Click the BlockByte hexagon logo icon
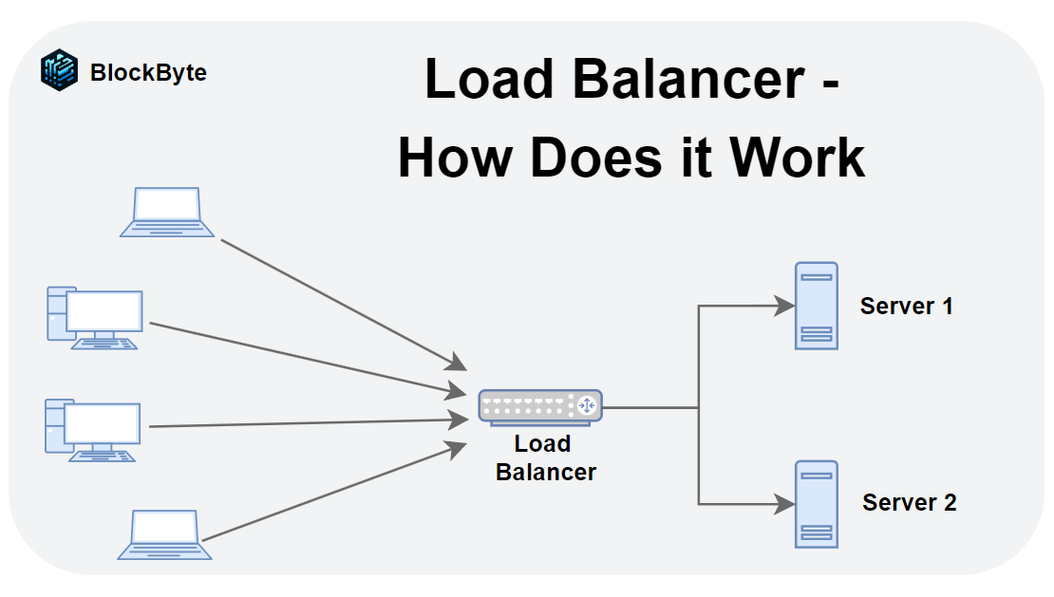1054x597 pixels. [x=59, y=71]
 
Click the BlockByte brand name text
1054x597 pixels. [x=148, y=72]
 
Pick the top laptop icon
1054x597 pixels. [x=167, y=212]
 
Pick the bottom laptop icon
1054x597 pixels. [x=165, y=534]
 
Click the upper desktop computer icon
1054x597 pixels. [x=94, y=318]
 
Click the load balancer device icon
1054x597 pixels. [x=539, y=406]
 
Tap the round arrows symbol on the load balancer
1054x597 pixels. [x=586, y=406]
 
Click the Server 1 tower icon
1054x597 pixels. [x=817, y=306]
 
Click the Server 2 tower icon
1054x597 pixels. [x=817, y=504]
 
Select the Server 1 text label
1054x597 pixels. [x=906, y=307]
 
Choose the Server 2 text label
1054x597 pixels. [x=909, y=503]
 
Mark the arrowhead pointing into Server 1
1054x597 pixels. [x=784, y=306]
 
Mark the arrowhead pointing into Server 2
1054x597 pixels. [x=784, y=504]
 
